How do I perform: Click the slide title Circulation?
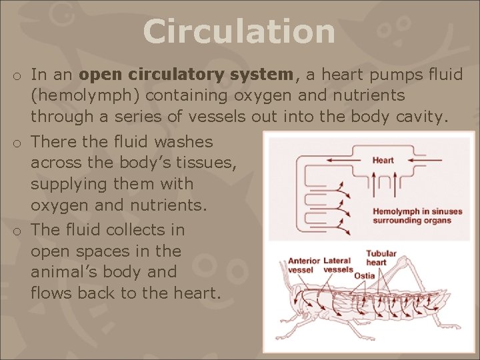(239, 32)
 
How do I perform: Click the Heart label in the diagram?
(383, 160)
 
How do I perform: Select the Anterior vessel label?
(303, 265)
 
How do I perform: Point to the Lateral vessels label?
(338, 265)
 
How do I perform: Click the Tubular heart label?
(381, 258)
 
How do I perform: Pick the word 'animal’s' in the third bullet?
(64, 272)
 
